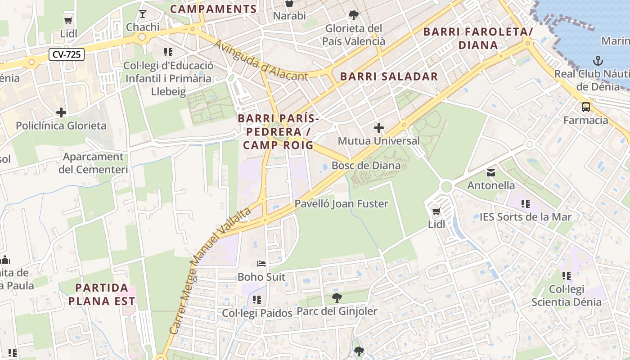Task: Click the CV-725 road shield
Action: pos(66,55)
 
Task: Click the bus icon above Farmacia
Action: pos(585,107)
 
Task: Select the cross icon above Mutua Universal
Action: pos(379,128)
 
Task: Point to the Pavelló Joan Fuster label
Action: pos(341,204)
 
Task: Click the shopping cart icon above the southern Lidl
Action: pos(436,211)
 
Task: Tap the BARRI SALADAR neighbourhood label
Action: pos(389,76)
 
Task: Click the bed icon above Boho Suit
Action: pos(261,264)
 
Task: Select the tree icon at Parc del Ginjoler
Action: pos(337,297)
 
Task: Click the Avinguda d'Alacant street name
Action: pos(261,61)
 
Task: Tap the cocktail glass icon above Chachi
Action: pos(143,14)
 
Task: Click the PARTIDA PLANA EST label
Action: pos(102,294)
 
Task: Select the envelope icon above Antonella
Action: pos(490,172)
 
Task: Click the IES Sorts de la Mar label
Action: pos(525,217)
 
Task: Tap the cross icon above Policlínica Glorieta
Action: pos(61,112)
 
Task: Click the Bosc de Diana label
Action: pos(366,166)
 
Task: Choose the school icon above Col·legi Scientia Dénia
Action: pos(566,275)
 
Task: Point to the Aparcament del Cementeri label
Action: pos(93,163)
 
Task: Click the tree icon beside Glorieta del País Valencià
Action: pos(354,15)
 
